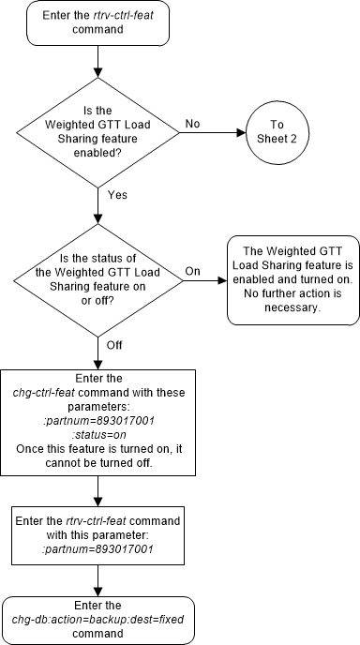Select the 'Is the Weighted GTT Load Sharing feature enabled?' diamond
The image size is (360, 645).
98,133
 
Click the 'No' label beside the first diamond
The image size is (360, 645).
193,123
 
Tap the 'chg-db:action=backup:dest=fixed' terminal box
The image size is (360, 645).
98,619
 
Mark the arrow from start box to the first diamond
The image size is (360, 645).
98,65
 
